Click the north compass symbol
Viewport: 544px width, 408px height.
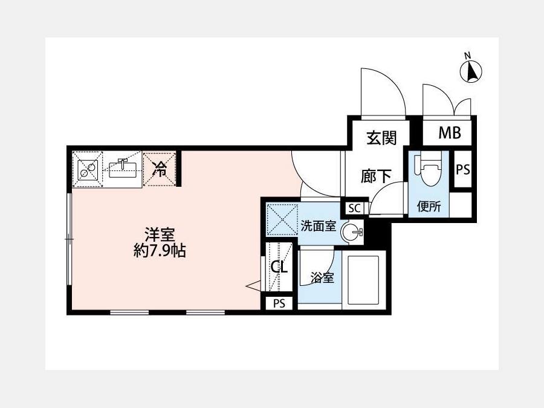click(x=471, y=71)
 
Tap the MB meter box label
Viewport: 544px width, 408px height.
click(x=450, y=132)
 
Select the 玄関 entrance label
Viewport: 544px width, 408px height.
click(x=381, y=138)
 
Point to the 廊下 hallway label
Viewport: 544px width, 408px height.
click(x=376, y=176)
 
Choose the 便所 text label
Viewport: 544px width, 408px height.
click(x=429, y=207)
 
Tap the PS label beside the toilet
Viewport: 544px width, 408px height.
click(x=463, y=170)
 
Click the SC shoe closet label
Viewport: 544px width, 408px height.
click(x=355, y=209)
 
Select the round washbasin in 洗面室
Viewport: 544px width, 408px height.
click(x=351, y=232)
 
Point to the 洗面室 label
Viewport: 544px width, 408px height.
click(x=319, y=226)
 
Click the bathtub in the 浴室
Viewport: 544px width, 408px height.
click(x=364, y=280)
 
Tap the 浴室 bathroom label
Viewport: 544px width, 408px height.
click(x=322, y=277)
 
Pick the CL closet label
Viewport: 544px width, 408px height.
click(x=279, y=267)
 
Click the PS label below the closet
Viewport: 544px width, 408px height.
click(x=279, y=303)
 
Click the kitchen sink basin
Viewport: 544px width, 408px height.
click(x=123, y=169)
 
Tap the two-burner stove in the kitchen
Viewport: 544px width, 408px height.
click(x=88, y=170)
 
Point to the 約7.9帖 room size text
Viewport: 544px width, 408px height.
click(x=160, y=250)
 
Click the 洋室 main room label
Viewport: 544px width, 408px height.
click(x=160, y=235)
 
